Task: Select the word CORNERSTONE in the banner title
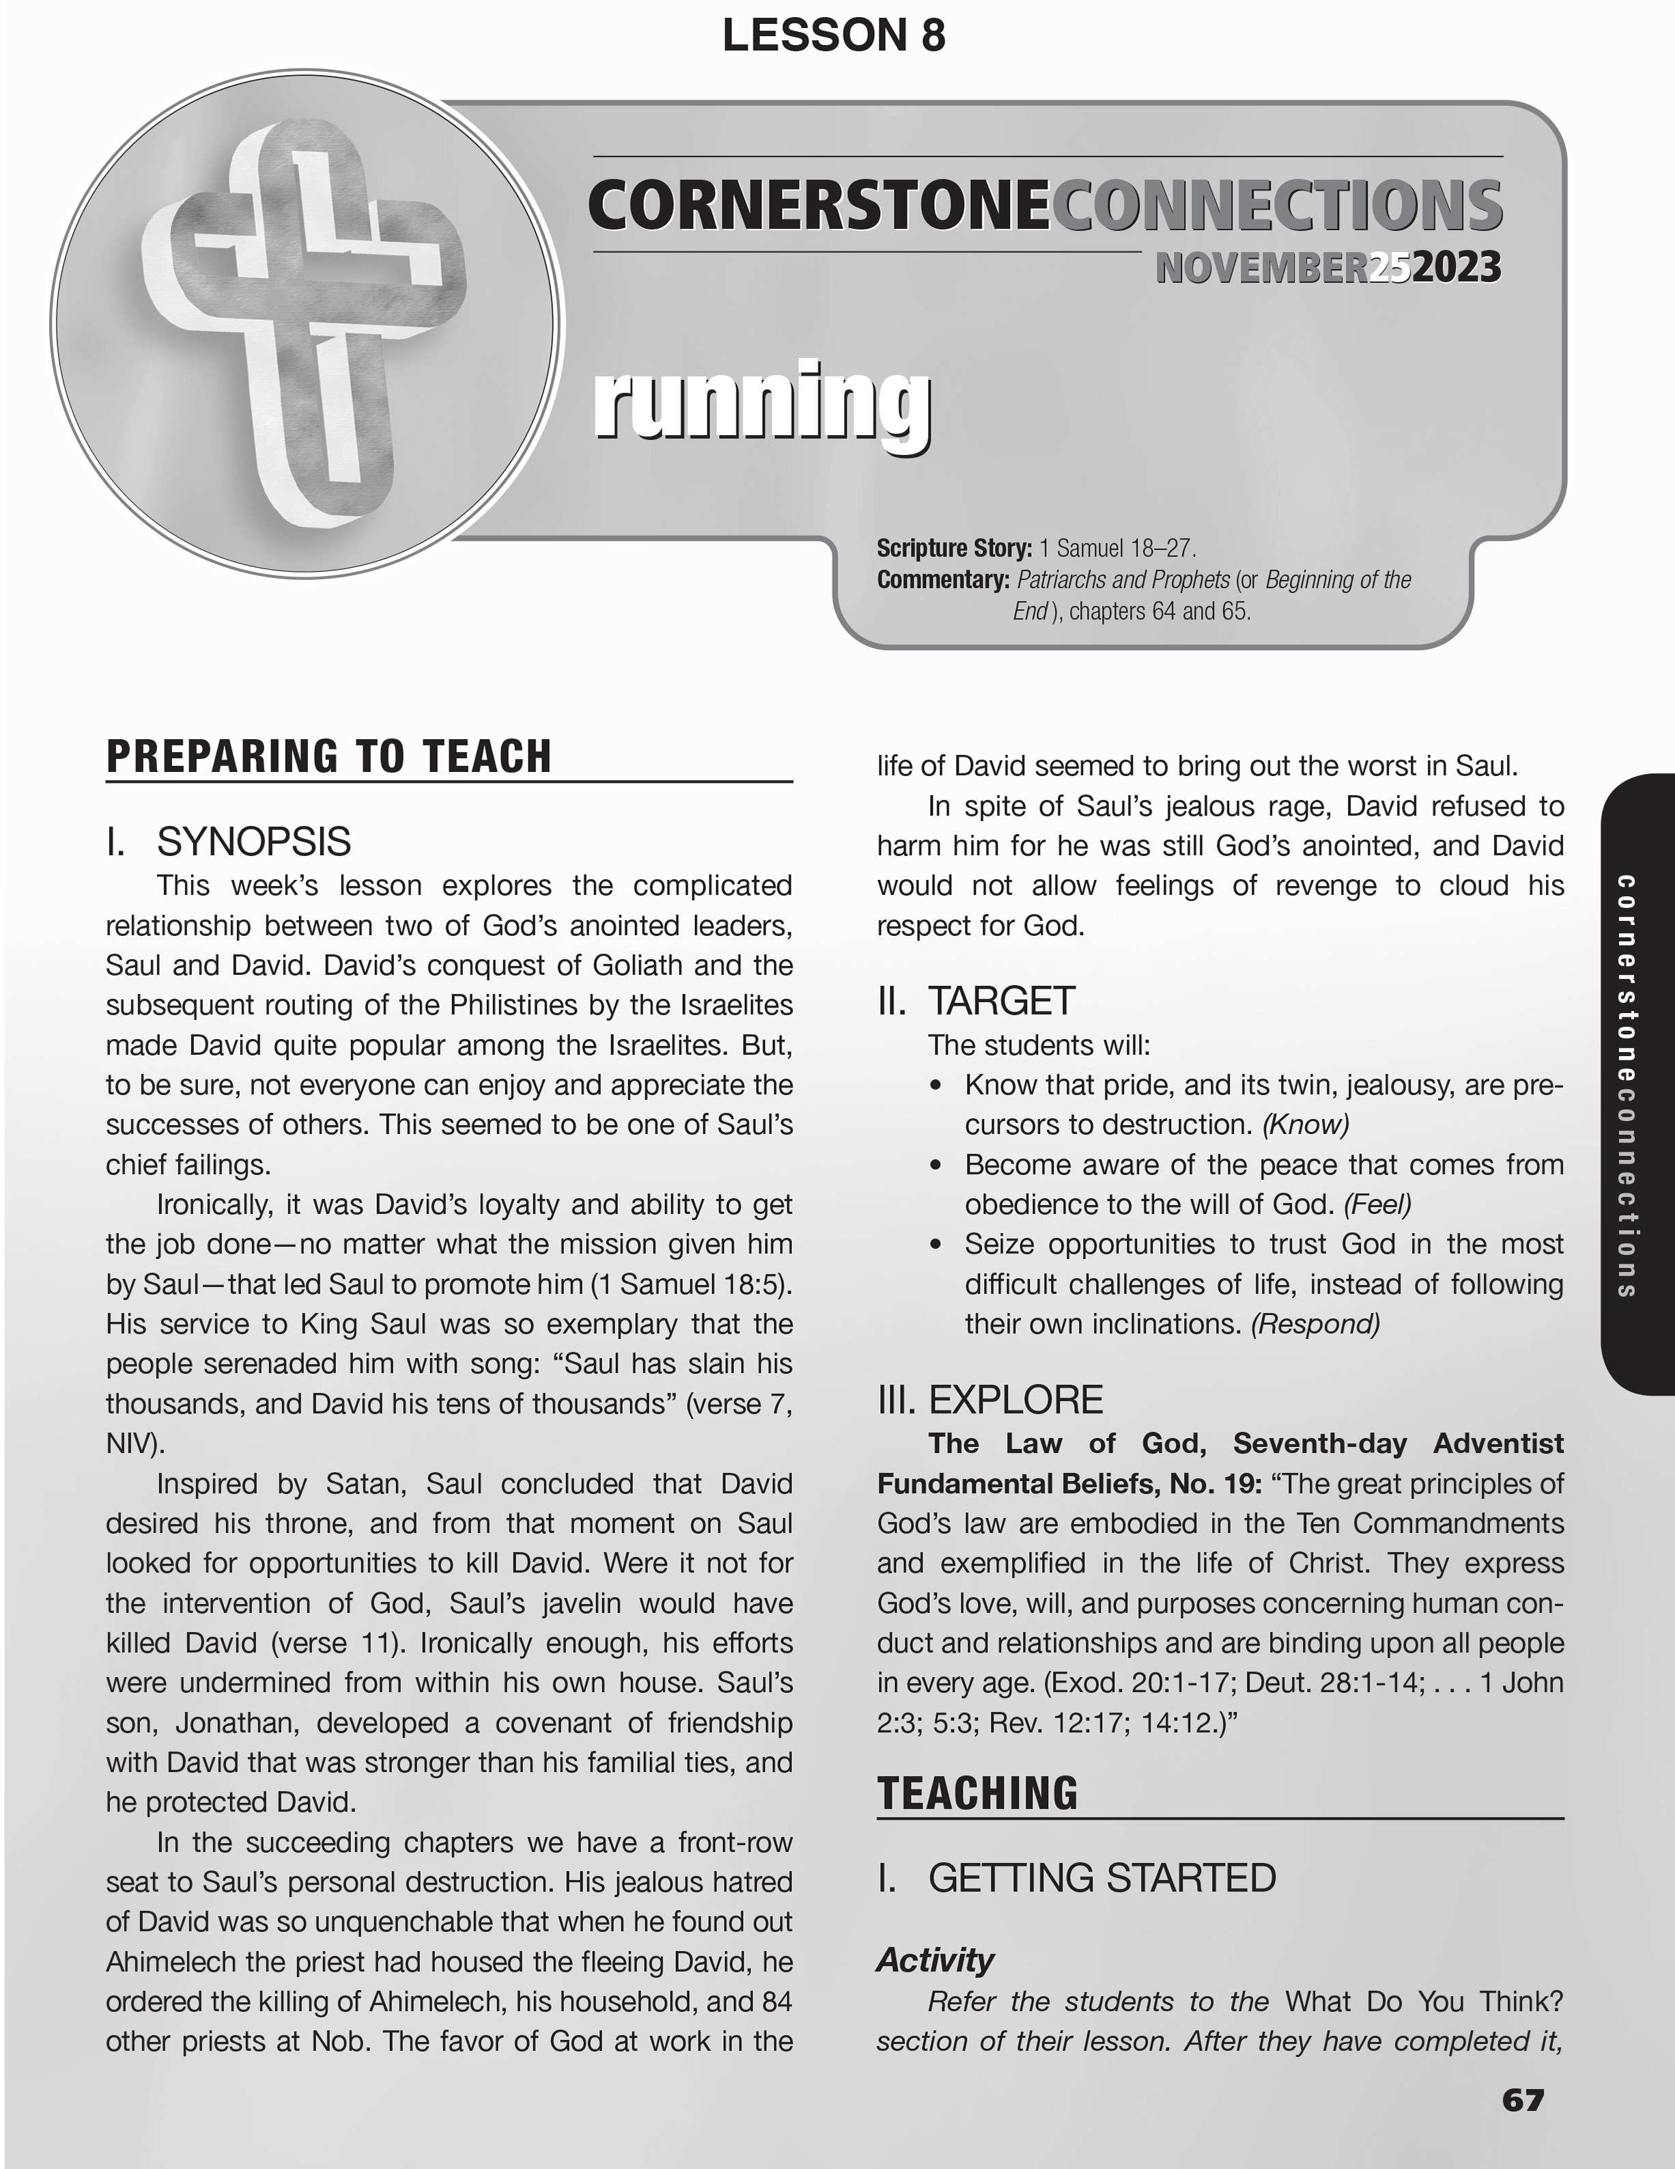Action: click(818, 206)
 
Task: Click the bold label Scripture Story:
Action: click(953, 548)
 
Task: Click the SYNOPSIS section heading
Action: click(253, 842)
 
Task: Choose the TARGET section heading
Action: click(1001, 1001)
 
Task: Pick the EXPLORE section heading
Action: click(1015, 1400)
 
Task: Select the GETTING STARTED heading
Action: click(1101, 1878)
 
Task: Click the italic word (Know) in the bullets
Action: click(1305, 1125)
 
